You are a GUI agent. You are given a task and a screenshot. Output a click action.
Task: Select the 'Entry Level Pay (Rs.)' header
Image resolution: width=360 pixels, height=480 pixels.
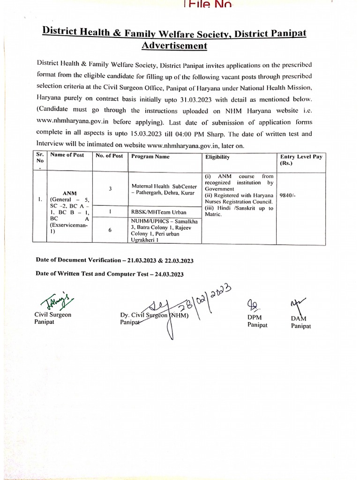coord(301,160)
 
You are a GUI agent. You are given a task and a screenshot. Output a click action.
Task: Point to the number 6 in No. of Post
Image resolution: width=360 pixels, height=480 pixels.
coord(110,230)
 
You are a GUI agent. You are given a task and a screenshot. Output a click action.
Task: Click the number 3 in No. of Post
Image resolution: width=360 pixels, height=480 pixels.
coord(110,188)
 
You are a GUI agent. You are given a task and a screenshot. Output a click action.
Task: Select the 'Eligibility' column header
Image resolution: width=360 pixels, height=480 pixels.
coord(217,157)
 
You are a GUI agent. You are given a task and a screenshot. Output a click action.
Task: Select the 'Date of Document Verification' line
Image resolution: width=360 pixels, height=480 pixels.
coord(115,260)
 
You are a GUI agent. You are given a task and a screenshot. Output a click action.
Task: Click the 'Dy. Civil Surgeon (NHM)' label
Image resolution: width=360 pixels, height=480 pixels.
coord(154,315)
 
